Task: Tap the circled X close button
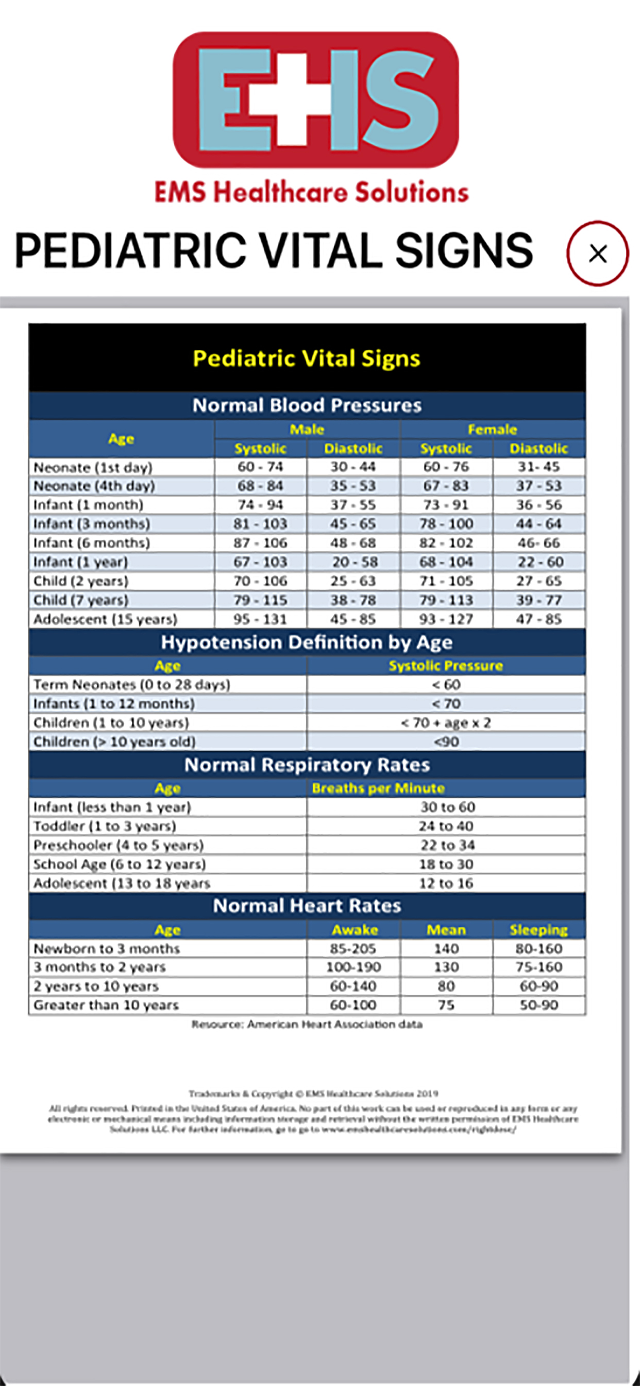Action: pos(598,253)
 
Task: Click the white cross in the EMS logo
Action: pos(292,100)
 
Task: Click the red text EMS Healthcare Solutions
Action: pos(311,192)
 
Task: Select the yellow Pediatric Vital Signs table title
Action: pos(307,358)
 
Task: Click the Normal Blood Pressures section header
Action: pos(307,405)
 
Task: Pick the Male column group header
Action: pos(307,430)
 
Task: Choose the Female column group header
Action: pos(492,430)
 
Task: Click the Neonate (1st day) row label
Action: pos(93,467)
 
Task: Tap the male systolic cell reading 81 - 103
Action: pos(260,523)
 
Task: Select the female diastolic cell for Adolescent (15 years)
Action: pos(539,619)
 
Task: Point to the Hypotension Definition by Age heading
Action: pos(307,642)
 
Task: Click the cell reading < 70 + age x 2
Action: pos(446,722)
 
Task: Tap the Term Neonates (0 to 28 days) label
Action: pos(132,684)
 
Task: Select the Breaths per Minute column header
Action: pos(378,788)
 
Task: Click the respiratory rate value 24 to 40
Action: pos(446,826)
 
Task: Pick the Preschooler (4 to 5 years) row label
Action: pos(119,845)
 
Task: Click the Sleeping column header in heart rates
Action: pos(539,930)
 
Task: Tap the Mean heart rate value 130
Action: pos(446,967)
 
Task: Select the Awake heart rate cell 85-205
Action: pos(353,949)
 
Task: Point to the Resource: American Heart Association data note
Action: pos(307,1025)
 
